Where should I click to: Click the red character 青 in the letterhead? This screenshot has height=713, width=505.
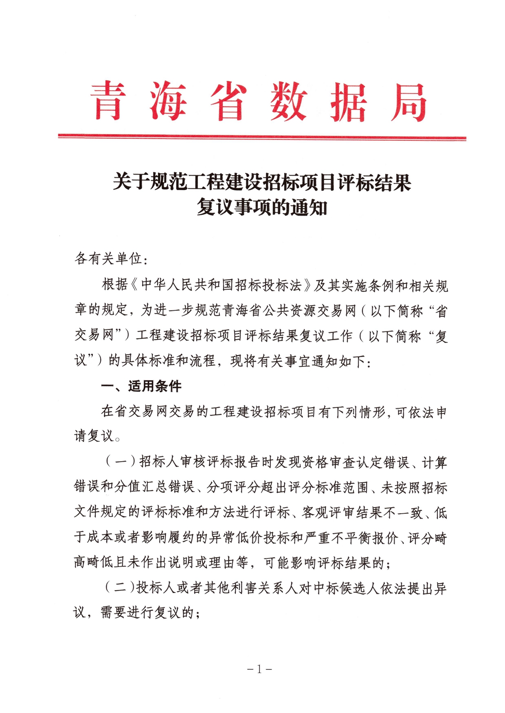click(x=108, y=101)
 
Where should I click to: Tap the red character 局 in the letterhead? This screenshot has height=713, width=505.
click(x=408, y=102)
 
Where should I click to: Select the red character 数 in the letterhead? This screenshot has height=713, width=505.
click(x=289, y=102)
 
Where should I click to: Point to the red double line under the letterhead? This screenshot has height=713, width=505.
click(x=262, y=137)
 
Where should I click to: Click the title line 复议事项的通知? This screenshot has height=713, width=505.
click(x=262, y=207)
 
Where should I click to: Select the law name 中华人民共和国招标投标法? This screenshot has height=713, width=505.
click(x=221, y=285)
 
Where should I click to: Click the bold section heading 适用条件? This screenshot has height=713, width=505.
click(x=155, y=386)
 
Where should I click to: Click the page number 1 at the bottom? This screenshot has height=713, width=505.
click(x=259, y=669)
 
